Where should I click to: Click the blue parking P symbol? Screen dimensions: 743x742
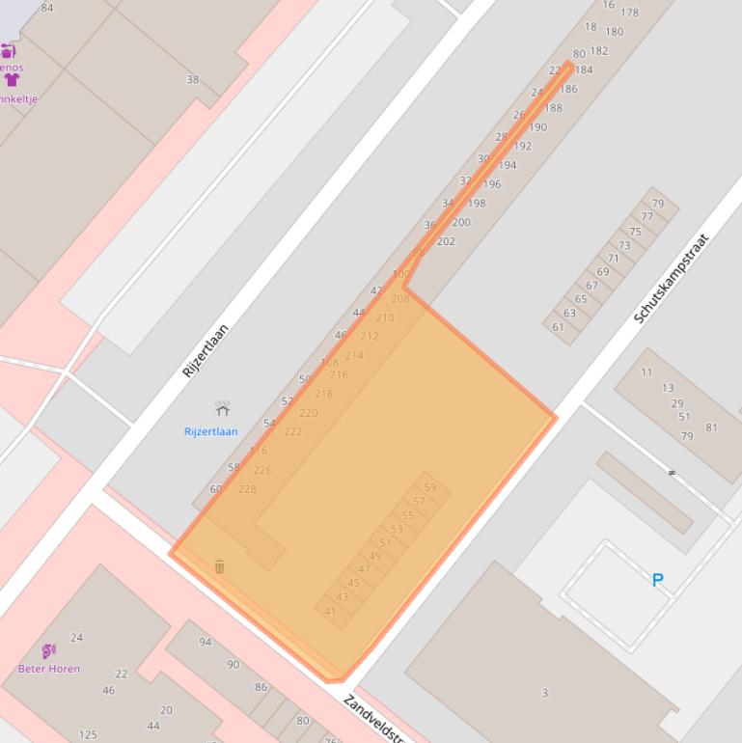pos(658,580)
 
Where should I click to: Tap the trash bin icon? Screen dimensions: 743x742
pos(219,566)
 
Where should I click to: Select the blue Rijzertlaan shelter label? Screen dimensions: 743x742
pos(210,431)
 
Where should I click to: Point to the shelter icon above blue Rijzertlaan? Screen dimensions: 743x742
pos(222,409)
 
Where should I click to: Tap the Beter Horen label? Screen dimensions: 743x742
pos(49,668)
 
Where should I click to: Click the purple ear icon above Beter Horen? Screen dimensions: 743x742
pos(48,651)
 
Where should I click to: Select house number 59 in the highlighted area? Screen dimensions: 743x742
pos(430,487)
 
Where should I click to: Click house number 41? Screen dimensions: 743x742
pos(330,611)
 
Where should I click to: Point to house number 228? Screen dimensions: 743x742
pos(247,489)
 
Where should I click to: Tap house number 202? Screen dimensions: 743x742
pos(446,241)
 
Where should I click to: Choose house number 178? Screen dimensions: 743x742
pos(630,13)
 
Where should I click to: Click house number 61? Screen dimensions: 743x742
pos(558,327)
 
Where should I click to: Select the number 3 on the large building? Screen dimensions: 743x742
pos(544,693)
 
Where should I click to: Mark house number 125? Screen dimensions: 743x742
pos(88,735)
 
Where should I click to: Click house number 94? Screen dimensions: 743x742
pos(206,642)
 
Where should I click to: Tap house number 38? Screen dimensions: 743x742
pos(192,79)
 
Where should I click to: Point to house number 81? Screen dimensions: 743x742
pos(711,427)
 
